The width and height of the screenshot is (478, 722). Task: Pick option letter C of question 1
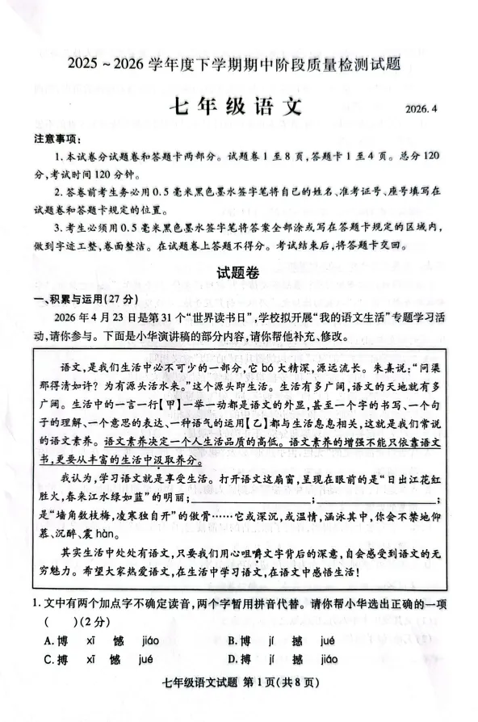(49, 659)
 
